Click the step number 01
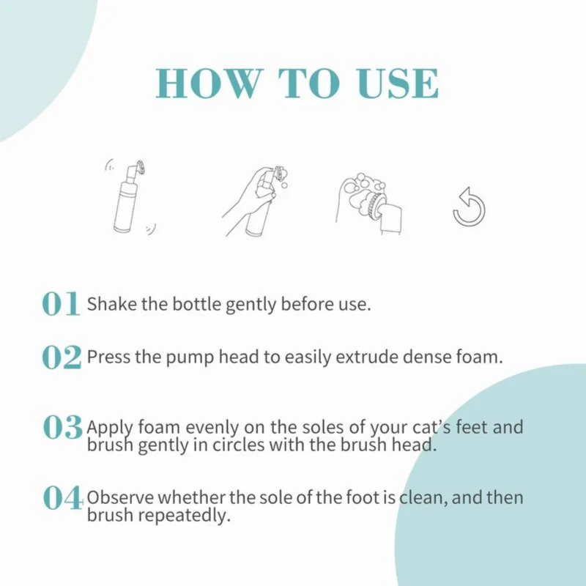tap(61, 303)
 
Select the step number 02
tap(62, 357)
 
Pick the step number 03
tap(63, 427)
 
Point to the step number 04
tap(63, 497)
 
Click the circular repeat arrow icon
tap(469, 207)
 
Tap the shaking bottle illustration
tap(130, 197)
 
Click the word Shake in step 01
tap(112, 304)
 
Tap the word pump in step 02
tap(190, 357)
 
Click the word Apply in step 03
tap(109, 429)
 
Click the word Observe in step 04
tap(120, 498)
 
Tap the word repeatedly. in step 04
tap(185, 516)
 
